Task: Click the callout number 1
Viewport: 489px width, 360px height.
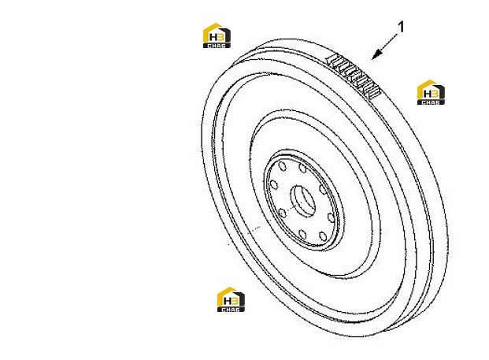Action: [x=401, y=27]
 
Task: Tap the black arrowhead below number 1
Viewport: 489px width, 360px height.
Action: [x=376, y=54]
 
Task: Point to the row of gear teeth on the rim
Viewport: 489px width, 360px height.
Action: [x=354, y=76]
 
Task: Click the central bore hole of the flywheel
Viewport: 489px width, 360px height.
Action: [x=303, y=201]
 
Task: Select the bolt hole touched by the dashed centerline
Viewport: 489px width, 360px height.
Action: [x=282, y=213]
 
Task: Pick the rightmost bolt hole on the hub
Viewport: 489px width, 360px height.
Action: [x=331, y=217]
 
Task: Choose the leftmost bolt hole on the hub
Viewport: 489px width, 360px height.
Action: [x=274, y=185]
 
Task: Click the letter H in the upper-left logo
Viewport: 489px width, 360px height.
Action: [x=213, y=38]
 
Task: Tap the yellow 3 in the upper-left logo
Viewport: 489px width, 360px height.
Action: [x=220, y=38]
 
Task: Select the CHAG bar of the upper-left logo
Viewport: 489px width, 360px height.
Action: [x=217, y=46]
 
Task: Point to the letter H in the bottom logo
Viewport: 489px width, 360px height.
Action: [x=227, y=301]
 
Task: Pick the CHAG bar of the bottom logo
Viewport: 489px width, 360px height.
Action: [x=231, y=309]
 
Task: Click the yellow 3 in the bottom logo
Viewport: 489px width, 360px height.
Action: [x=235, y=301]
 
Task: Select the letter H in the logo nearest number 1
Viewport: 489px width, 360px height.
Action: [x=428, y=94]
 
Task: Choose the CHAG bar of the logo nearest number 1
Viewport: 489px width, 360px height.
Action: [x=431, y=102]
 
